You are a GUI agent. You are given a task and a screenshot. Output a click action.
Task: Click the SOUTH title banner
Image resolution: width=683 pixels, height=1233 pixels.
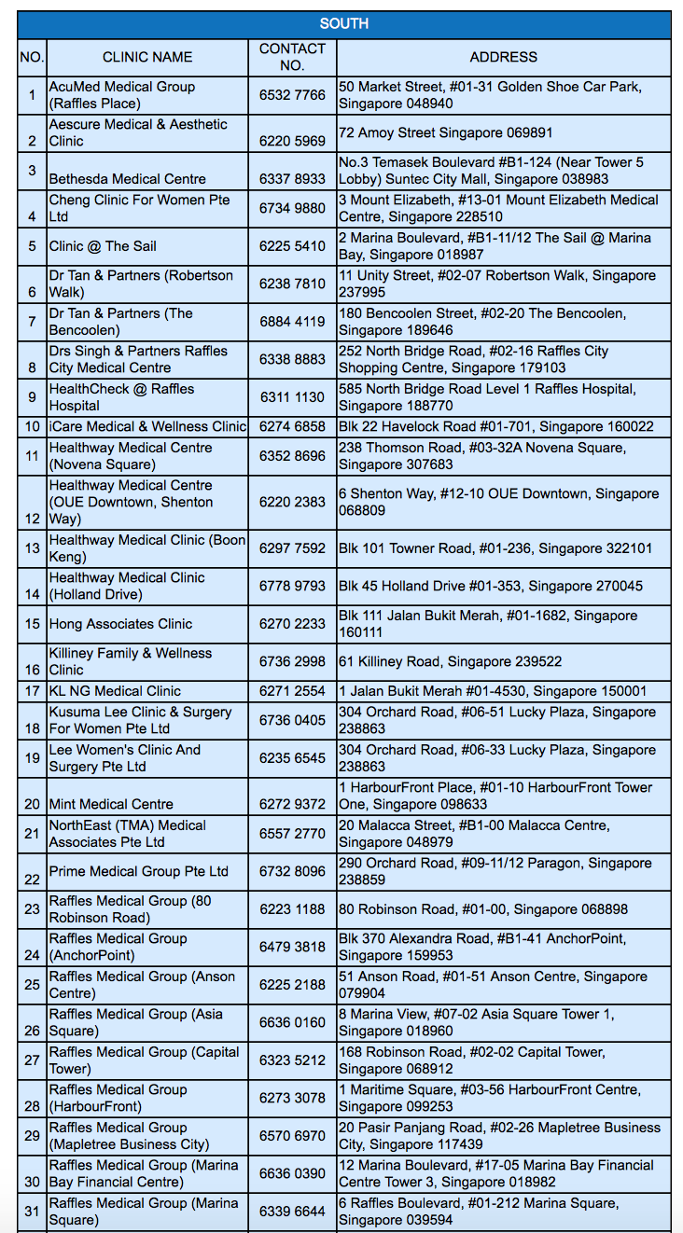coord(343,23)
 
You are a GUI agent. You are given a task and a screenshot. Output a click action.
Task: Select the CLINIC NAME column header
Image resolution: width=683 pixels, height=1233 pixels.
coord(147,57)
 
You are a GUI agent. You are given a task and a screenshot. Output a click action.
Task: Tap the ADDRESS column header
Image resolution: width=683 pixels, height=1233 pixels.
coord(503,57)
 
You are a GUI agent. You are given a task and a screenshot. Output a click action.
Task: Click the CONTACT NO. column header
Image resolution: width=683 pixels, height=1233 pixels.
coord(292,57)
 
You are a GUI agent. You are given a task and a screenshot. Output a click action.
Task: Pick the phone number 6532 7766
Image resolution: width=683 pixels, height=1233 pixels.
coord(292,95)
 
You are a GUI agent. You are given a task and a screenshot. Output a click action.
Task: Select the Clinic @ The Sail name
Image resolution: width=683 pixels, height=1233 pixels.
coord(103,246)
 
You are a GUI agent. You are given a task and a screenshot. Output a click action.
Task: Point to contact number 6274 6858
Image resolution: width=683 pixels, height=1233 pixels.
coord(292,426)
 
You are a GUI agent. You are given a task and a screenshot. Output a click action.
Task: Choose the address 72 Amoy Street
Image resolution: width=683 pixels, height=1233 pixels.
coord(445,133)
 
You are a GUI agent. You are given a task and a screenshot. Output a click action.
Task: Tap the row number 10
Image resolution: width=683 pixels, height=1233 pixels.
coord(33,426)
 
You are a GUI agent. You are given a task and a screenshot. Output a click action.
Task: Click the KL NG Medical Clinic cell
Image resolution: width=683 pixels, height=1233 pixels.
coord(115,691)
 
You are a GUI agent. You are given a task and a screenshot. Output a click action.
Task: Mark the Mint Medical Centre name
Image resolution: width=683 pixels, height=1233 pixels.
coord(111,804)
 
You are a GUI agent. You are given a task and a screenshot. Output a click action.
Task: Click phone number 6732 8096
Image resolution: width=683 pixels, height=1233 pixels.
coord(292,871)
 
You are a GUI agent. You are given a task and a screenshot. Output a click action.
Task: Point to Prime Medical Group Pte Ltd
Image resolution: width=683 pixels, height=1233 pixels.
coord(139,871)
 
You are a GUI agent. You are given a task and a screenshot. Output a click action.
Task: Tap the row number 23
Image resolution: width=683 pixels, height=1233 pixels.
coord(33,908)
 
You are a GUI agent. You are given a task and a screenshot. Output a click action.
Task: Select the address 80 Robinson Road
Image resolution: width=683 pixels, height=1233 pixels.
coord(483,908)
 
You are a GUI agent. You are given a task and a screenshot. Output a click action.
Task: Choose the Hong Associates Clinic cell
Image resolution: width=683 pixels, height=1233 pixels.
coord(120,624)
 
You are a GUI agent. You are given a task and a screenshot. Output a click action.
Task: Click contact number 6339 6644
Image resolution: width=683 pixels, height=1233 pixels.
coord(292,1211)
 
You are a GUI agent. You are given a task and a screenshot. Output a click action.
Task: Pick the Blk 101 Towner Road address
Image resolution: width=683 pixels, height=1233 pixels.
coord(495,548)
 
